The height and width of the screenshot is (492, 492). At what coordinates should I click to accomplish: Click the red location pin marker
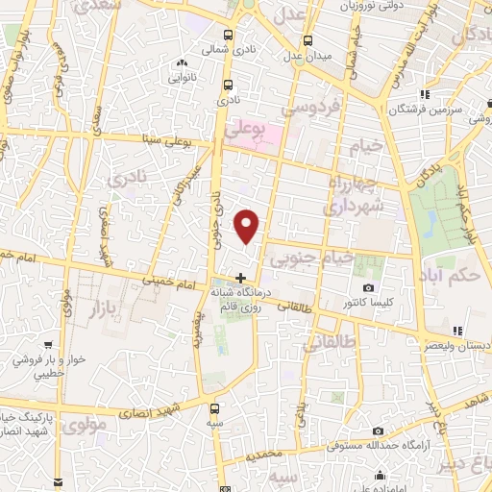coord(247,226)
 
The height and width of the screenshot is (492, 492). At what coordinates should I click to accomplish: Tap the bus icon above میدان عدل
coord(307,41)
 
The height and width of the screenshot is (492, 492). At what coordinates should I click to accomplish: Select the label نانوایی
coord(183,77)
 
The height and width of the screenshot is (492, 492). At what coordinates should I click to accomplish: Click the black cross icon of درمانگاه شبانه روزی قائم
coord(240,279)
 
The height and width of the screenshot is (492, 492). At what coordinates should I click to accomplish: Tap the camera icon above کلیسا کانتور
coord(367,288)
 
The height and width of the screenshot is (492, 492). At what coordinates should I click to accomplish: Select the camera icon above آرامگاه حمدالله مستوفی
coord(378,430)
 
